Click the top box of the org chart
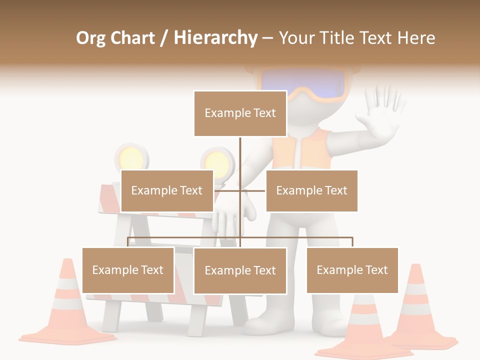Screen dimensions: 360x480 pyautogui.click(x=240, y=113)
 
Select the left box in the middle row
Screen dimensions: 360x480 pyautogui.click(x=167, y=190)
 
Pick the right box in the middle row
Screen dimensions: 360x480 pyautogui.click(x=311, y=190)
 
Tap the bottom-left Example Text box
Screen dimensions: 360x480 pyautogui.click(x=128, y=270)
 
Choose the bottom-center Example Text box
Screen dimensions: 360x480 pyautogui.click(x=240, y=270)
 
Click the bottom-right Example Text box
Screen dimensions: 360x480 pyautogui.click(x=352, y=270)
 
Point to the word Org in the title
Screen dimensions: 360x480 pyautogui.click(x=90, y=38)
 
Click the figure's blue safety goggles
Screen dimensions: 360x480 pyautogui.click(x=303, y=83)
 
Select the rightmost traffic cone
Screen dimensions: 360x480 pyautogui.click(x=418, y=310)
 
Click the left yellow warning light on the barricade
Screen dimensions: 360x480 pyautogui.click(x=132, y=158)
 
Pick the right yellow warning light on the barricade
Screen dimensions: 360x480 pyautogui.click(x=218, y=162)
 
